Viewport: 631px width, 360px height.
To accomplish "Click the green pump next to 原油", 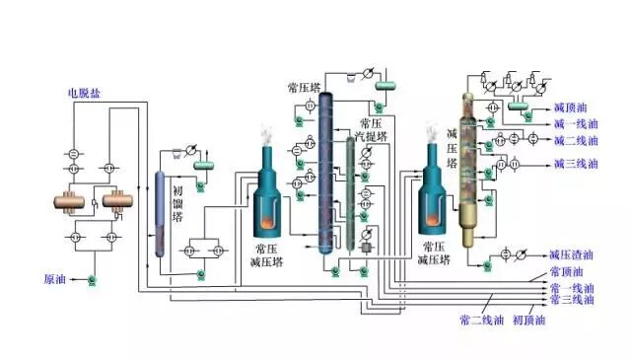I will pyautogui.click(x=91, y=282).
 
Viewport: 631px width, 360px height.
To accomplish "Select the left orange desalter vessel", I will pyautogui.click(x=70, y=202).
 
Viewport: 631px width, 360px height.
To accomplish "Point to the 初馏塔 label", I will pyautogui.click(x=177, y=206).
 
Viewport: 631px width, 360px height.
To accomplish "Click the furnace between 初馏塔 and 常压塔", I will pyautogui.click(x=267, y=192).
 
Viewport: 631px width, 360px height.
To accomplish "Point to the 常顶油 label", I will pyautogui.click(x=566, y=272).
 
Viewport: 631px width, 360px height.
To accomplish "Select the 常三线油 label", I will pyautogui.click(x=572, y=299).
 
